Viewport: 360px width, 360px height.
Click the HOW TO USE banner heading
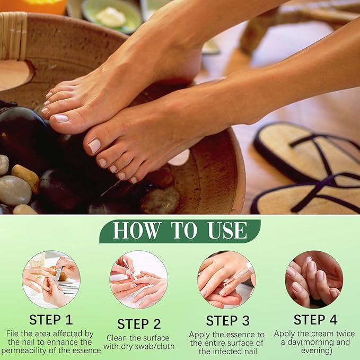(x=180, y=231)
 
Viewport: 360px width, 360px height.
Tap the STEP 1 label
(x=51, y=320)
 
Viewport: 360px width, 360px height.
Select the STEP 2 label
(x=139, y=324)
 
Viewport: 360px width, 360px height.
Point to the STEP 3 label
(x=228, y=321)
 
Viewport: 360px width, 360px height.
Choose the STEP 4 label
(x=315, y=320)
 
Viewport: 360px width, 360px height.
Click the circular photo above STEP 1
(x=51, y=279)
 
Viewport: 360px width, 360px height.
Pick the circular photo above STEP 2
(x=139, y=279)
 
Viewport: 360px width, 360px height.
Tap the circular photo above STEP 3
(x=226, y=279)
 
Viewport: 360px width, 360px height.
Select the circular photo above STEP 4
(x=314, y=279)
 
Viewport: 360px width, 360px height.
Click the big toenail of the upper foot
(x=61, y=118)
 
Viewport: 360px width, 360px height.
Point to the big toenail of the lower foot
(x=94, y=146)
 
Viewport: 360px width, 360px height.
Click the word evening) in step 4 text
(x=317, y=351)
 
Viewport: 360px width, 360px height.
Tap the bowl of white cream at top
(x=111, y=16)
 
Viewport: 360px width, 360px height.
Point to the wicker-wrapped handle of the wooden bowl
(x=14, y=36)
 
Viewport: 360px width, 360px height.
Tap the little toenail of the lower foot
(x=134, y=180)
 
